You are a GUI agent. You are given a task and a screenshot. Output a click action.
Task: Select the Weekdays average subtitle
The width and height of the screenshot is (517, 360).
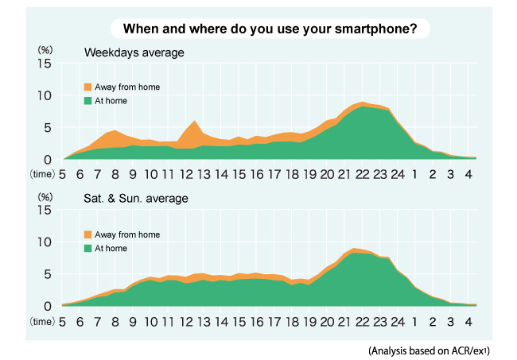tap(134, 53)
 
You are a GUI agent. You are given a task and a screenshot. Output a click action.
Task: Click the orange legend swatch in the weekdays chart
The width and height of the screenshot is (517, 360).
tap(87, 87)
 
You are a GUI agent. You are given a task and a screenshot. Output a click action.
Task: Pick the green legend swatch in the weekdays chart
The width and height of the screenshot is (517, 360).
tap(87, 101)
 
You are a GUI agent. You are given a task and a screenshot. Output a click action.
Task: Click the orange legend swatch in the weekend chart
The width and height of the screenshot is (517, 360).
tap(87, 234)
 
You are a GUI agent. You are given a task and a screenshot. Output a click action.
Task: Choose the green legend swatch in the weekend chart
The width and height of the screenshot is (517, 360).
tap(87, 248)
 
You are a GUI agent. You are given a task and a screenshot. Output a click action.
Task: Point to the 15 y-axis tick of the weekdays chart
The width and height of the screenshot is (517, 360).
tap(45, 64)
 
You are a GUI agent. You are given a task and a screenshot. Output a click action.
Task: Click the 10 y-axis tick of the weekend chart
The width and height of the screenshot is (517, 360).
tap(45, 242)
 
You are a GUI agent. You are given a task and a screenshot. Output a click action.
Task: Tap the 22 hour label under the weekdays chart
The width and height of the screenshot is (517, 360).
tap(362, 174)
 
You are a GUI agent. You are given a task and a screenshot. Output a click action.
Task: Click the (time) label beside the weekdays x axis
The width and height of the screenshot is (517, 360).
tap(41, 172)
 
